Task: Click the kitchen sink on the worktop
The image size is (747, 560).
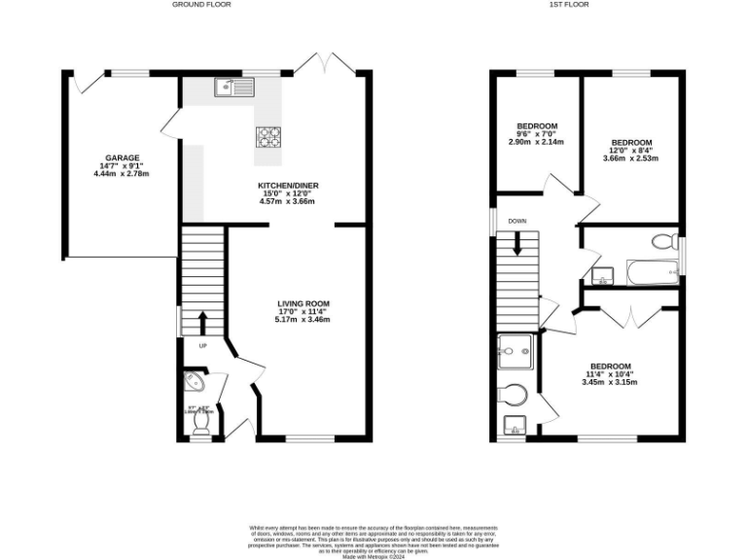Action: pyautogui.click(x=234, y=87)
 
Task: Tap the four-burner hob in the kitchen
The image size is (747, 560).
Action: pyautogui.click(x=268, y=137)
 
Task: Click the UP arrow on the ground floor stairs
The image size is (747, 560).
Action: pyautogui.click(x=202, y=321)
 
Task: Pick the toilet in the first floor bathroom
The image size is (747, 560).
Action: pyautogui.click(x=663, y=240)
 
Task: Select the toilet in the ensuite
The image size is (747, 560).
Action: pyautogui.click(x=512, y=395)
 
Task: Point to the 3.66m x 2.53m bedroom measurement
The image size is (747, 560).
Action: pyautogui.click(x=630, y=158)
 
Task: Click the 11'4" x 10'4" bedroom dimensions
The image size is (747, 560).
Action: pyautogui.click(x=610, y=374)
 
